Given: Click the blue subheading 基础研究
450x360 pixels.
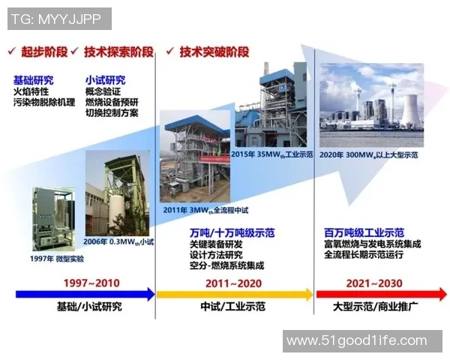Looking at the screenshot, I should (x=34, y=80).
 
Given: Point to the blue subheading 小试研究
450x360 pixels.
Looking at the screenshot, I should (x=106, y=80).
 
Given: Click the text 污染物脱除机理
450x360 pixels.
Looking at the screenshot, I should (x=44, y=101).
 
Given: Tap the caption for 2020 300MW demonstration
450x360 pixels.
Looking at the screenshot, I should (x=369, y=154).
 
